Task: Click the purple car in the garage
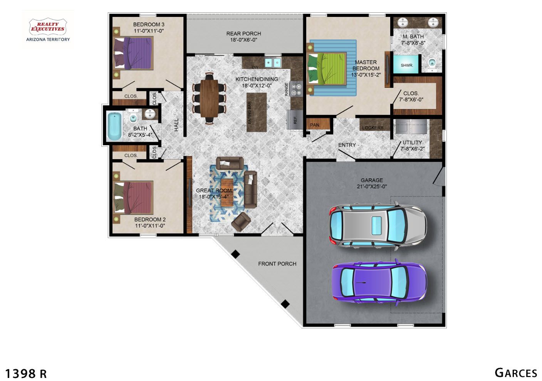pyautogui.click(x=379, y=282)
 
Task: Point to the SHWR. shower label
pyautogui.click(x=407, y=65)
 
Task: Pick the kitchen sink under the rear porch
pyautogui.click(x=273, y=63)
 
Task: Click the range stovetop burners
pyautogui.click(x=296, y=89)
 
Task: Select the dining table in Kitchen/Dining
pyautogui.click(x=209, y=98)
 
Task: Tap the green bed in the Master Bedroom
pyautogui.click(x=327, y=69)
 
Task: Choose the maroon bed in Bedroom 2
pyautogui.click(x=133, y=198)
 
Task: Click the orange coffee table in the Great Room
pyautogui.click(x=227, y=193)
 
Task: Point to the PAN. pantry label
pyautogui.click(x=315, y=125)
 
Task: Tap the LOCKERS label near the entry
pyautogui.click(x=373, y=128)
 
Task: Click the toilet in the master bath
pyautogui.click(x=432, y=64)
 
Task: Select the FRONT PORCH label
pyautogui.click(x=277, y=264)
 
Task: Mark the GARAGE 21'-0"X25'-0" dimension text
pyautogui.click(x=372, y=183)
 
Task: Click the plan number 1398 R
pyautogui.click(x=26, y=374)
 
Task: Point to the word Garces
pyautogui.click(x=516, y=373)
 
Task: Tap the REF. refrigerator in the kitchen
pyautogui.click(x=295, y=120)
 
